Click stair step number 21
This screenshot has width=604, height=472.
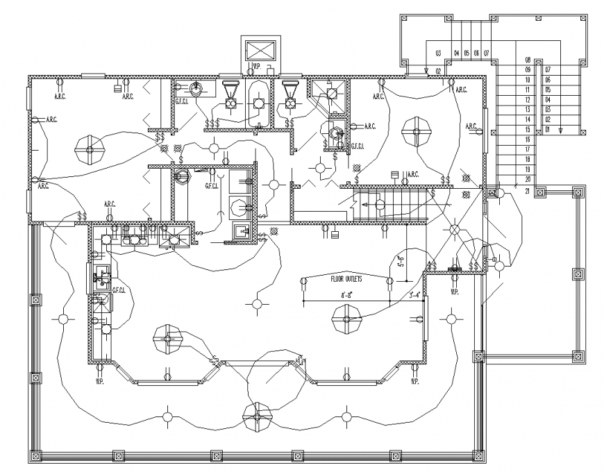coord(528,190)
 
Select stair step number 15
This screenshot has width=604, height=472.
coord(528,130)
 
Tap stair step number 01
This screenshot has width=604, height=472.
coord(547,130)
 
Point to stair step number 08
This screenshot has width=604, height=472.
coord(528,60)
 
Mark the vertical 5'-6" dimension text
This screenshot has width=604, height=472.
coord(399,262)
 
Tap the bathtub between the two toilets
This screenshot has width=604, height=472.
coord(258,103)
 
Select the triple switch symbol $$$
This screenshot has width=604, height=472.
coord(212,124)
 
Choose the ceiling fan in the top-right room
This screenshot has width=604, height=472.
coord(417,130)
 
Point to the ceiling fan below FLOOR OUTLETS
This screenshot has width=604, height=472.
coord(347,320)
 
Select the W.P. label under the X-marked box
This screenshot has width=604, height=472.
coord(255,67)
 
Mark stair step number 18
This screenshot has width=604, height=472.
coord(528,160)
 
